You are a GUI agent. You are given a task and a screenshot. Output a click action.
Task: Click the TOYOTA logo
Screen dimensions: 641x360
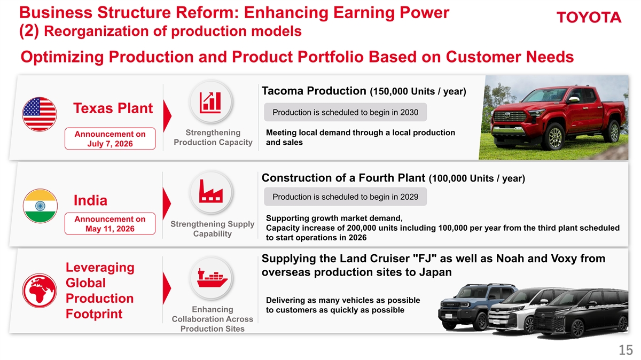click(x=589, y=18)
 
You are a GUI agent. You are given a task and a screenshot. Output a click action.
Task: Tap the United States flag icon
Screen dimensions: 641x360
click(x=40, y=114)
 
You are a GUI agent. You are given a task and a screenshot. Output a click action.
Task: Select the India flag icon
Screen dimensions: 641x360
click(x=40, y=206)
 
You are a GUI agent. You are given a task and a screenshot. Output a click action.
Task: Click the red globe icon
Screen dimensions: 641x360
click(x=40, y=291)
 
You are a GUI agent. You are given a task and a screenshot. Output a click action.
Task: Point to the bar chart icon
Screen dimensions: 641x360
click(x=210, y=102)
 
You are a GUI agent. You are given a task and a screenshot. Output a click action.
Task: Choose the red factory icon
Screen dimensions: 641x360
click(x=211, y=191)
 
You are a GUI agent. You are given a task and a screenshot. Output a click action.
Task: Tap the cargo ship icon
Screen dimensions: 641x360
click(x=212, y=278)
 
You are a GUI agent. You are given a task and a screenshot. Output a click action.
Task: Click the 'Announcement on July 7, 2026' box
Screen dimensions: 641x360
click(x=110, y=138)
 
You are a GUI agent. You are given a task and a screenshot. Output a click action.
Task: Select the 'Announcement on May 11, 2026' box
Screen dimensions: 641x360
click(x=110, y=224)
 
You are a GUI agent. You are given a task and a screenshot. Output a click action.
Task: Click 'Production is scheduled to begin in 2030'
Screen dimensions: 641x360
click(x=346, y=112)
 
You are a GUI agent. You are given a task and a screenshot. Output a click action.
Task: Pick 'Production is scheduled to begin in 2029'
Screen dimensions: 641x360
click(x=346, y=197)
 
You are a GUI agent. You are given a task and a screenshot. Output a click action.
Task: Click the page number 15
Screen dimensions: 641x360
click(x=626, y=350)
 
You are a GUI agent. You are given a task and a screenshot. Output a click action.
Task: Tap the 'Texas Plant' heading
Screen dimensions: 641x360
click(x=113, y=108)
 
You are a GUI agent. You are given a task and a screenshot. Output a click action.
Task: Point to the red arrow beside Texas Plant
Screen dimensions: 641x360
click(x=167, y=116)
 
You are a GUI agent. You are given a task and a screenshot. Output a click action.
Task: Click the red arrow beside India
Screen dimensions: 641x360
click(x=167, y=204)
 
